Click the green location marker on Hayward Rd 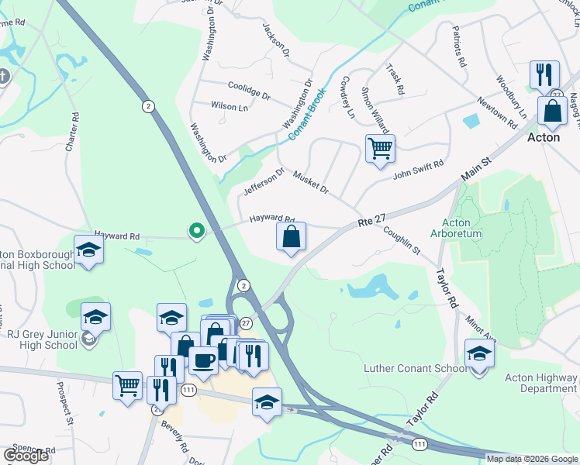click(x=197, y=230)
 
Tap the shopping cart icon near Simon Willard click(x=380, y=147)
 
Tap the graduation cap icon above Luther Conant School click(x=479, y=353)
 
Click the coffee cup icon click(x=204, y=360)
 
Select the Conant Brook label click(x=308, y=114)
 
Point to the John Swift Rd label click(x=417, y=170)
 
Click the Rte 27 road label click(x=372, y=222)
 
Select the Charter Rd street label click(x=74, y=132)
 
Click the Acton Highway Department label click(x=540, y=383)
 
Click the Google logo click(x=26, y=456)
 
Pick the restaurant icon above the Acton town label click(x=544, y=75)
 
